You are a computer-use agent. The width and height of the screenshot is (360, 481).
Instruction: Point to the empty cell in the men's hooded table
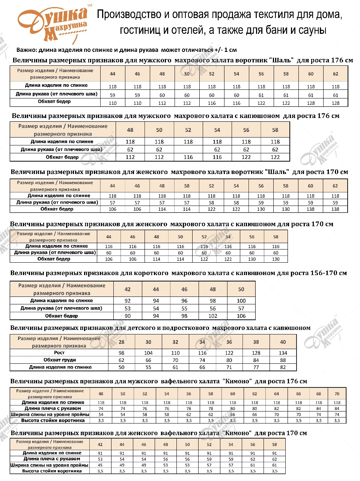(x=188, y=150)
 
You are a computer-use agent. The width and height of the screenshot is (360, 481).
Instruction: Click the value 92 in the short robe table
(x=128, y=301)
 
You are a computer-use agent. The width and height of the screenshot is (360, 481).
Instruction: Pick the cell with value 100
(x=241, y=301)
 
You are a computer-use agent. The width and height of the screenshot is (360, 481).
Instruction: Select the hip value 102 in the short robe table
(x=213, y=316)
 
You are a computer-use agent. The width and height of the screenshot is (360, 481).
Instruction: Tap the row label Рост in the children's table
(x=59, y=353)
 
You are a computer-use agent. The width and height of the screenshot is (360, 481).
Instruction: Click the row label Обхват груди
(x=60, y=360)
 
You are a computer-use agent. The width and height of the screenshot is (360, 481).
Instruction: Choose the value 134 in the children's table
(x=283, y=353)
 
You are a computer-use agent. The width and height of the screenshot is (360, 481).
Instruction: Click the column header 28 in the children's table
(x=121, y=342)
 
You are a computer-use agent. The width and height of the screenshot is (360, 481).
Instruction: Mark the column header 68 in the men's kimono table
(x=319, y=394)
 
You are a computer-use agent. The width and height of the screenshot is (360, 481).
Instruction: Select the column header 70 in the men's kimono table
(x=337, y=394)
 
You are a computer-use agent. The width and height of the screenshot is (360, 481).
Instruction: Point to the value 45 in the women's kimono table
(x=100, y=465)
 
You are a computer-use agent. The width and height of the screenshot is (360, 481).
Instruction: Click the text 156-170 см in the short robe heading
(x=328, y=273)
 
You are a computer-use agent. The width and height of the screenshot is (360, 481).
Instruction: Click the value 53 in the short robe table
(x=128, y=309)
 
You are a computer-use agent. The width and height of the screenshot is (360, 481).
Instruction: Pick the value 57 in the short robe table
(x=241, y=309)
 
